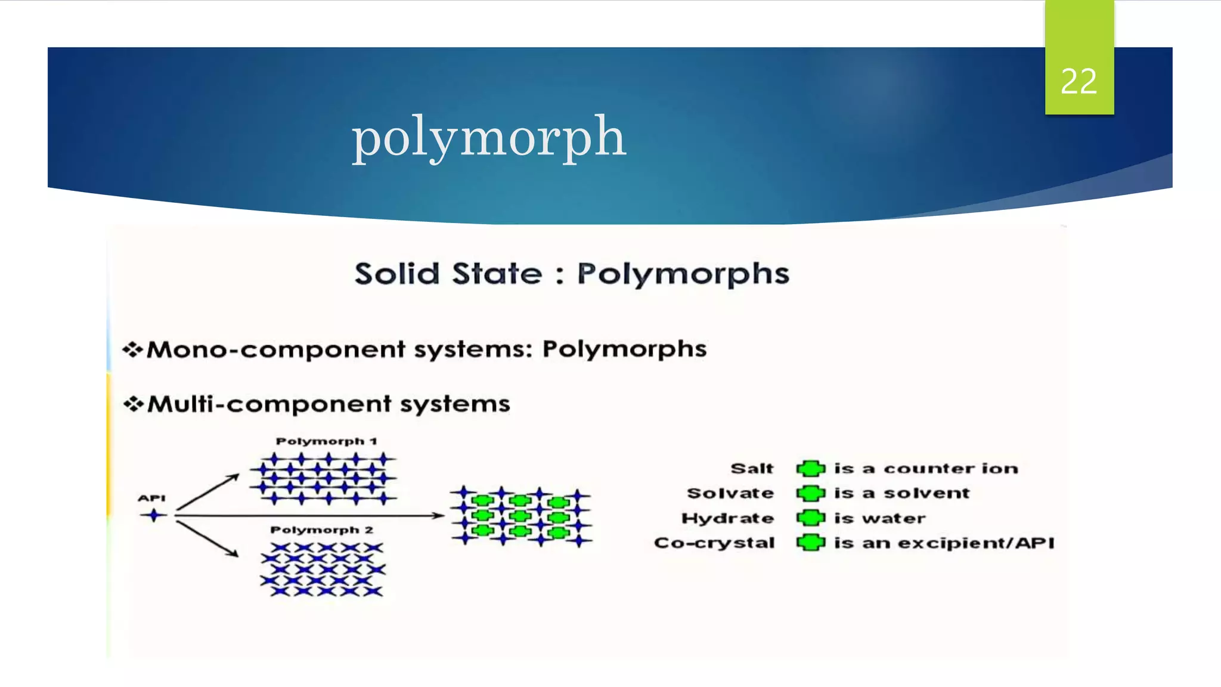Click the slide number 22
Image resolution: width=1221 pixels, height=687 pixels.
(x=1079, y=81)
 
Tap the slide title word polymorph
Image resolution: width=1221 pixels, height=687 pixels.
(x=488, y=137)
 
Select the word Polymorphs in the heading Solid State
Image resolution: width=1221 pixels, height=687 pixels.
(x=683, y=274)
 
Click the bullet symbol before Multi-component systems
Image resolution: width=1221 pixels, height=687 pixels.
(x=133, y=404)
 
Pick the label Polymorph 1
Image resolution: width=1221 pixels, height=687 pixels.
(x=326, y=441)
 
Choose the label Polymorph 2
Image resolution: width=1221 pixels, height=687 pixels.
(x=322, y=530)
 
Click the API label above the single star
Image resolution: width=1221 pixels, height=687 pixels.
(x=151, y=498)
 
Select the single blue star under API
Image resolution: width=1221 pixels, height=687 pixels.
(x=154, y=515)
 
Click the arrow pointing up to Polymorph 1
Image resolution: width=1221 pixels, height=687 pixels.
(x=209, y=492)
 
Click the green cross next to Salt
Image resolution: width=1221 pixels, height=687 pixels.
(x=811, y=469)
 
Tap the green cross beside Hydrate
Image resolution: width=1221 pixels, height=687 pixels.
(x=811, y=518)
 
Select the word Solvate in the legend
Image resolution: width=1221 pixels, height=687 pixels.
(x=730, y=493)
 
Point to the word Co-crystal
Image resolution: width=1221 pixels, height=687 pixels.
(x=714, y=543)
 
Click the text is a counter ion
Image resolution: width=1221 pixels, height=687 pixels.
(x=926, y=469)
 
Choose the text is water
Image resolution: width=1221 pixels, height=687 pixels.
(x=879, y=518)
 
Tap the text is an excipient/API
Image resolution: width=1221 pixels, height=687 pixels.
(x=944, y=543)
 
